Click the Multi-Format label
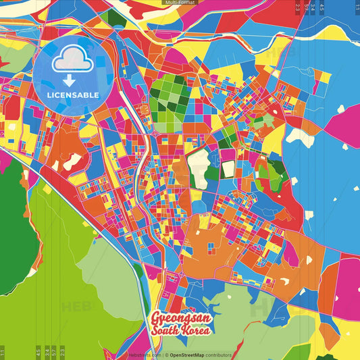pyautogui.click(x=180, y=3)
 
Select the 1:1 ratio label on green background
pyautogui.click(x=3, y=352)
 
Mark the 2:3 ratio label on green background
pyautogui.click(x=62, y=352)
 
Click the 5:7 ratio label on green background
pyautogui.click(x=45, y=352)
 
